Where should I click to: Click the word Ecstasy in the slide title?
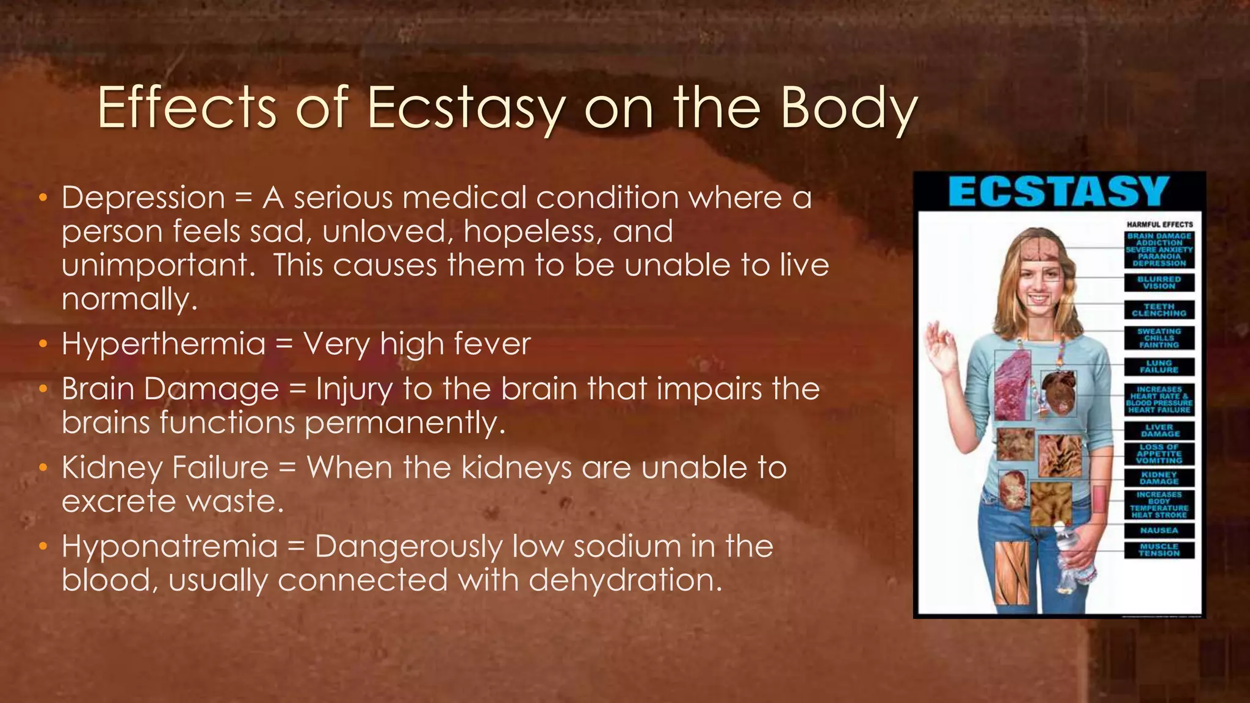pos(464,109)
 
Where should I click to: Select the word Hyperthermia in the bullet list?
pos(164,344)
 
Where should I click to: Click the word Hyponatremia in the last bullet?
pos(170,546)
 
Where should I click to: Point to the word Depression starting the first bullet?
pos(143,198)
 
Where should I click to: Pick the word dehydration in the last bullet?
pos(625,579)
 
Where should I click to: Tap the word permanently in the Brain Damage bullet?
pos(405,422)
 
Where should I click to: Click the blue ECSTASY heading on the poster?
pos(1059,192)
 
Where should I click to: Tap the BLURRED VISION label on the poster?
pos(1159,283)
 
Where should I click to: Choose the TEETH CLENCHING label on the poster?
pos(1159,310)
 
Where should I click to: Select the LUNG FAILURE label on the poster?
pos(1159,366)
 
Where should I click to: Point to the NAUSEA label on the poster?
pos(1159,530)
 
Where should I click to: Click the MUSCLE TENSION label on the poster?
pos(1159,549)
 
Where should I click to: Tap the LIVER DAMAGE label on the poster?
pos(1159,430)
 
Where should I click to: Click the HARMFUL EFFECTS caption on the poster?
pos(1159,225)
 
